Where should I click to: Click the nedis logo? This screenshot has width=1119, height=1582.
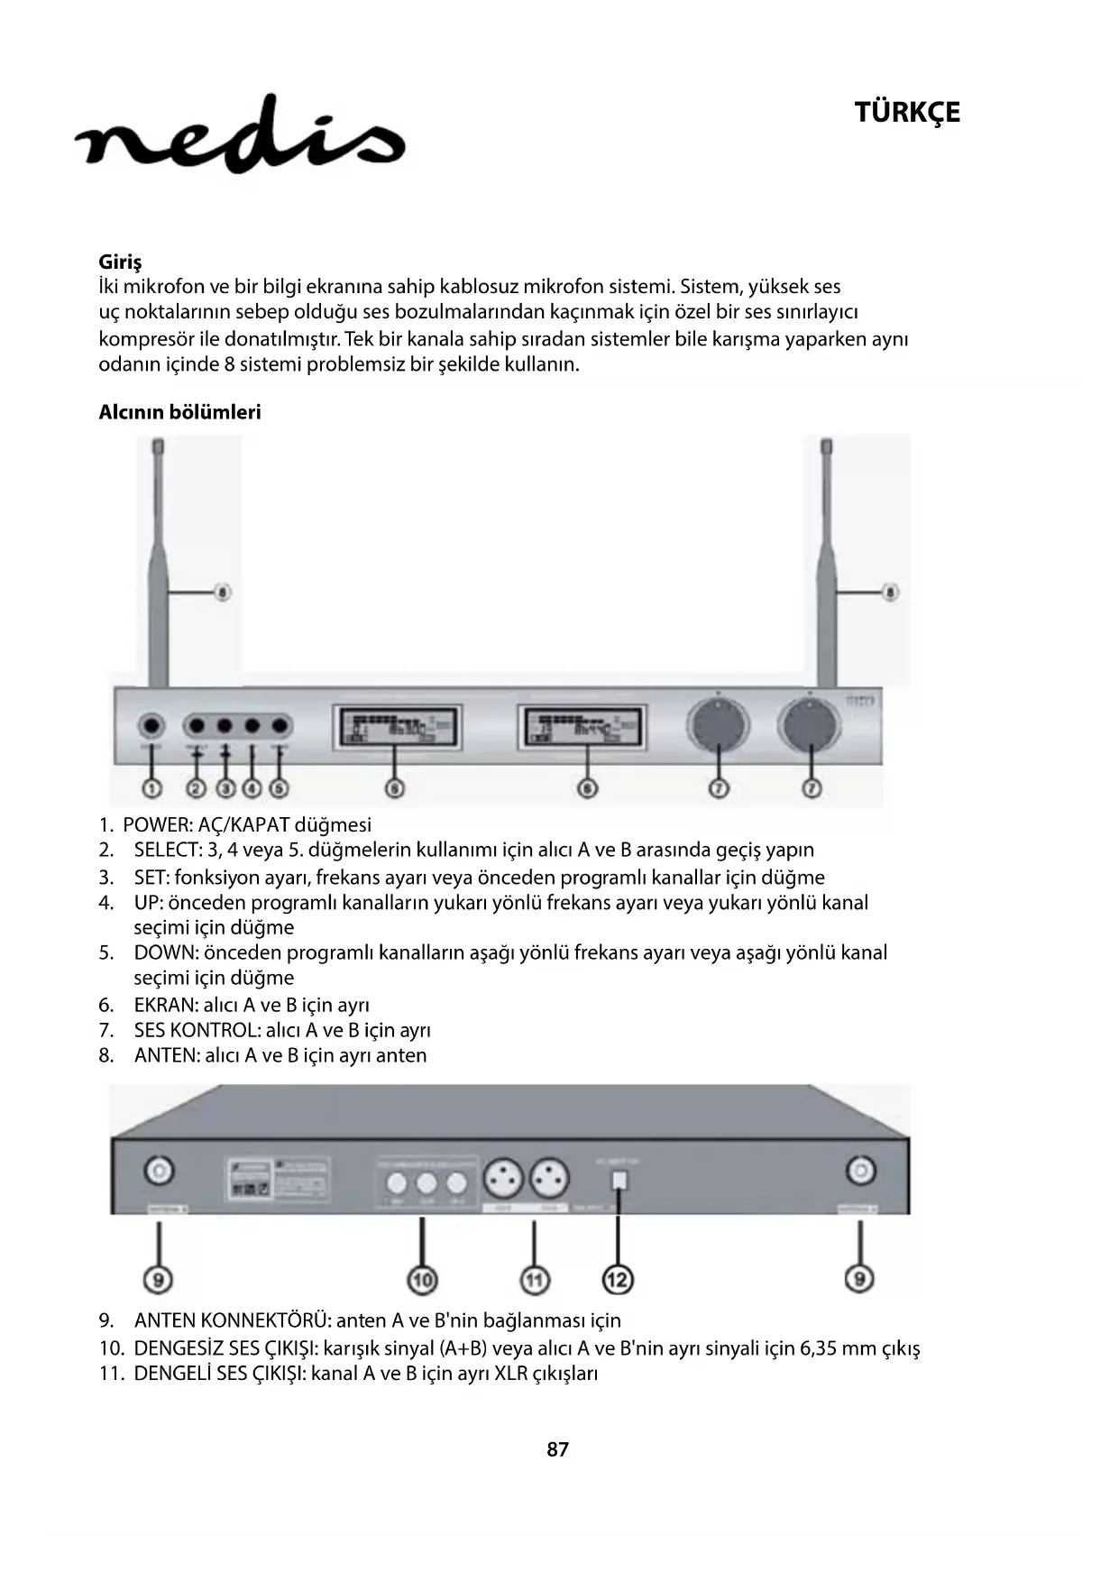(240, 135)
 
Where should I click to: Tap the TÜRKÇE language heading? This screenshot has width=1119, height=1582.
(906, 113)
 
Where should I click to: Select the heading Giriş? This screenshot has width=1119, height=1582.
(120, 262)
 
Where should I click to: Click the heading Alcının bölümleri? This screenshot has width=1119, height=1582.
(179, 412)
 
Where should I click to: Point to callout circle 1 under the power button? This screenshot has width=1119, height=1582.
(151, 788)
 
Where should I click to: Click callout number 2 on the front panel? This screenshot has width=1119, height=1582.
(196, 788)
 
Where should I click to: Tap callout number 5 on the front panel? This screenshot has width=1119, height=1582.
(280, 788)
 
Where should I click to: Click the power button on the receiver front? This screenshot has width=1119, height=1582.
(151, 726)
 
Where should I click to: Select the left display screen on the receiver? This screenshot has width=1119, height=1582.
(398, 727)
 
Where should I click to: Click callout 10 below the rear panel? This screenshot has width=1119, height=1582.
(422, 1279)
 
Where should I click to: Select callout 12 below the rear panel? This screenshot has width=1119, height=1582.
(618, 1279)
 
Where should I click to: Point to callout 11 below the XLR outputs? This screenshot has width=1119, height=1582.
(535, 1279)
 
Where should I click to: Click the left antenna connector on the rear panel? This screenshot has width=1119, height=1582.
(160, 1171)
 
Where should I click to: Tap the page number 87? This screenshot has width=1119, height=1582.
(558, 1449)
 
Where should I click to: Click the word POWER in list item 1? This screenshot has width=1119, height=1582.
(154, 824)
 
